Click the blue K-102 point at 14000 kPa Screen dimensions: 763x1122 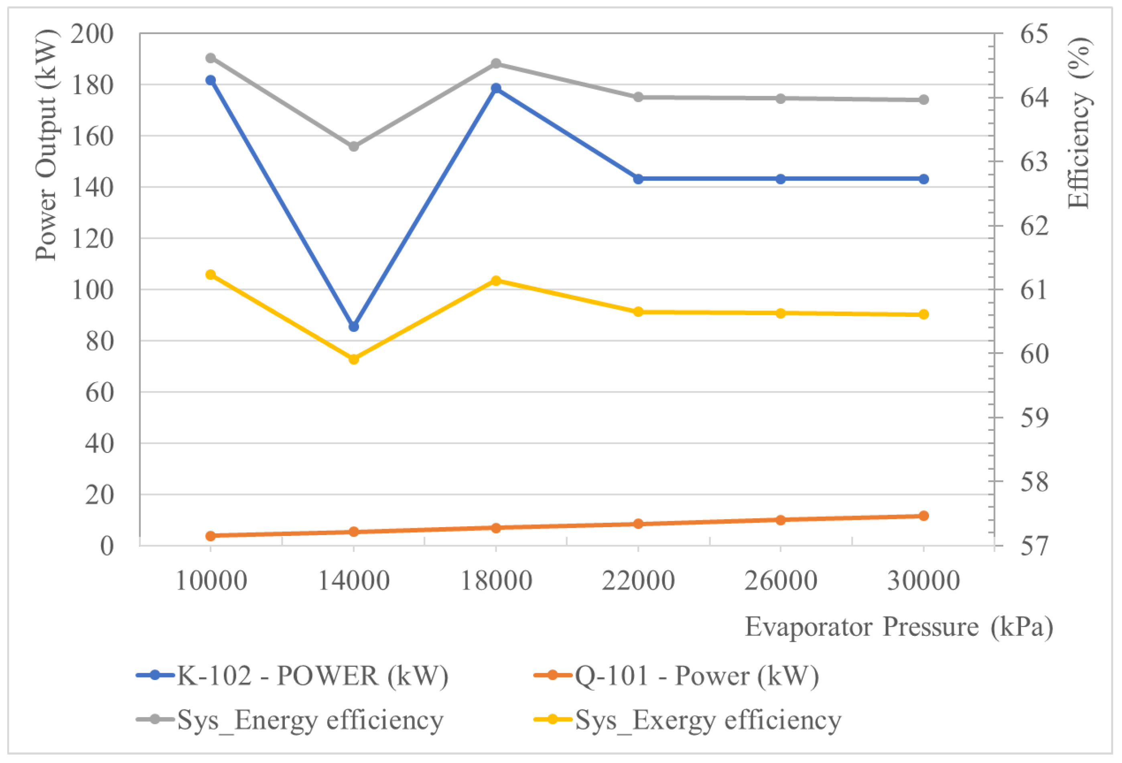(x=353, y=327)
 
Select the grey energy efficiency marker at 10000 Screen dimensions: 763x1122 (x=211, y=58)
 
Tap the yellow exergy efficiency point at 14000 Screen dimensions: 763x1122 (x=353, y=359)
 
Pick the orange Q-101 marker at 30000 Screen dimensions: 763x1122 (x=923, y=516)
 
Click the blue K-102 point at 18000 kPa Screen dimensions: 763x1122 (x=496, y=88)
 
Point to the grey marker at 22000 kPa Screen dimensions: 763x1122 (x=638, y=97)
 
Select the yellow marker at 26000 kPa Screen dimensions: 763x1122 (x=781, y=313)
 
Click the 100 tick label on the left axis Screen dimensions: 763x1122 (x=92, y=290)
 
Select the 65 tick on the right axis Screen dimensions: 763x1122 (x=1034, y=34)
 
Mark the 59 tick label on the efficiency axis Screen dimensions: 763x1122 (x=1034, y=418)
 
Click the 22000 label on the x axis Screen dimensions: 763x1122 (x=638, y=581)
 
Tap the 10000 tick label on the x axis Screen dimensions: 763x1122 (x=211, y=581)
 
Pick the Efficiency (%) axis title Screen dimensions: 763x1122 (x=1079, y=123)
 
